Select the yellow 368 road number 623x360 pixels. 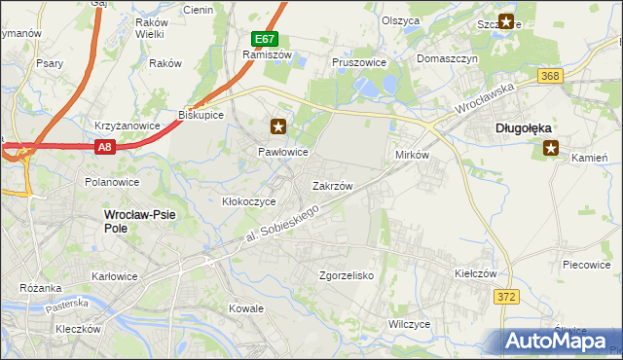[x=551, y=76]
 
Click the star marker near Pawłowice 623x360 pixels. [x=279, y=126]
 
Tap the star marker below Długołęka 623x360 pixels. [x=551, y=148]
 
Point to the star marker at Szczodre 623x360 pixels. [x=506, y=20]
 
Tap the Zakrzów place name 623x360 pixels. [x=332, y=185]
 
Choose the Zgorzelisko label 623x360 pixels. [x=347, y=275]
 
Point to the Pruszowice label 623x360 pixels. [x=359, y=61]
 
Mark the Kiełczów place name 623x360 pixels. [x=476, y=274]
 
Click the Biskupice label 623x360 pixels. [x=202, y=115]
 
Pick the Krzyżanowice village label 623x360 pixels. [x=127, y=126]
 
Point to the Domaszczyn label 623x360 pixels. [x=449, y=58]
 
